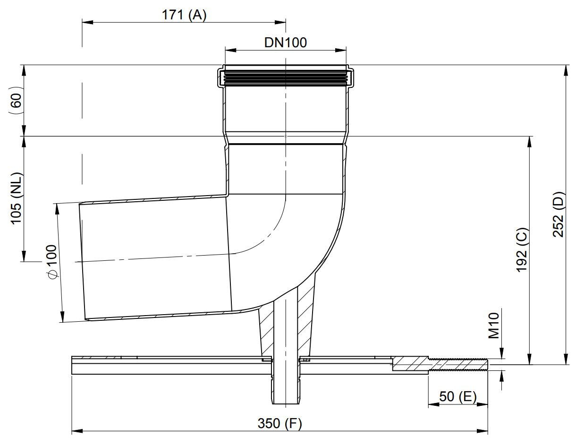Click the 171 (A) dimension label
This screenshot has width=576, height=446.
pyautogui.click(x=184, y=15)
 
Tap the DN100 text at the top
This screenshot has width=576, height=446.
pyautogui.click(x=286, y=43)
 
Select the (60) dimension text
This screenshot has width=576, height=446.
pyautogui.click(x=17, y=100)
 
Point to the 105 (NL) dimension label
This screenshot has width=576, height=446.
pyautogui.click(x=17, y=198)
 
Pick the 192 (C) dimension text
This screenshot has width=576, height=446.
pyautogui.click(x=522, y=250)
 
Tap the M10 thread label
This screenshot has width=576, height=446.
pyautogui.click(x=493, y=326)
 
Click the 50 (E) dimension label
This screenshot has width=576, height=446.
pyautogui.click(x=458, y=397)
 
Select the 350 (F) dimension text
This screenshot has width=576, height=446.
pyautogui.click(x=280, y=423)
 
